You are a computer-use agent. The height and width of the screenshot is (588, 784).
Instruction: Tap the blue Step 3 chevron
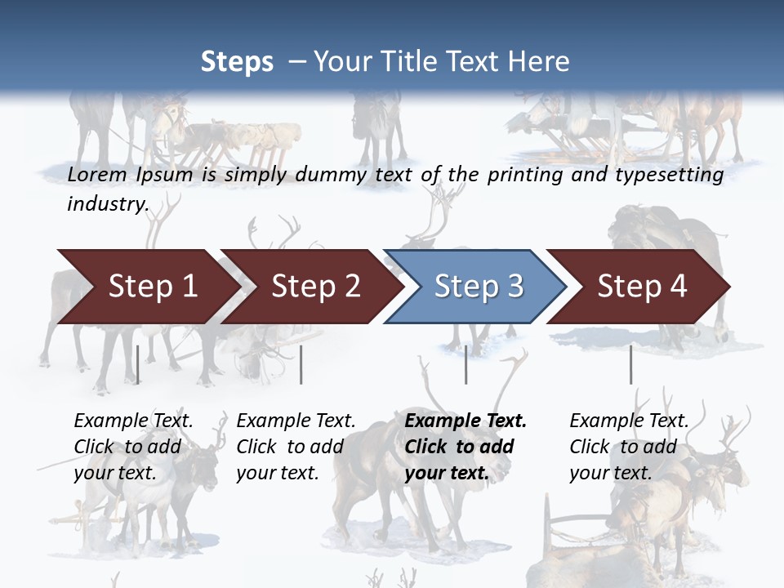point(479,287)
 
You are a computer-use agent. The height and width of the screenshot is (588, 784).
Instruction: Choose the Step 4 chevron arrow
point(642,287)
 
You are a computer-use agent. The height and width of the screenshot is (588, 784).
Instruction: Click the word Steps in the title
point(237,62)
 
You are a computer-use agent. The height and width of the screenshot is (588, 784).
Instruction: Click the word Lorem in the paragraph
point(96,175)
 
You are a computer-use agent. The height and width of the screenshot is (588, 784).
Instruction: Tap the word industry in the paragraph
point(107,204)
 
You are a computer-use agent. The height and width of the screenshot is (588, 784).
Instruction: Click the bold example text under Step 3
point(465,447)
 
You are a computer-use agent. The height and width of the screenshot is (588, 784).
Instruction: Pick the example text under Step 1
point(133,447)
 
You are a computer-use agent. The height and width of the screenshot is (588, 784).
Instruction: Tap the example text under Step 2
point(296,447)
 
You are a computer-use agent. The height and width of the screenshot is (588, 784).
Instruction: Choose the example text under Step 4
point(629,447)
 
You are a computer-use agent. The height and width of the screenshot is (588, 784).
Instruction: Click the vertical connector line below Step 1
point(138,364)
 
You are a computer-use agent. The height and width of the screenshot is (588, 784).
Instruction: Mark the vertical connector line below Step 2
point(301,364)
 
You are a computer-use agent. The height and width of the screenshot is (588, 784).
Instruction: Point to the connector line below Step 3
point(466,364)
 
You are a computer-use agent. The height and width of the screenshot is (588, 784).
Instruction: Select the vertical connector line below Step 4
point(630,364)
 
